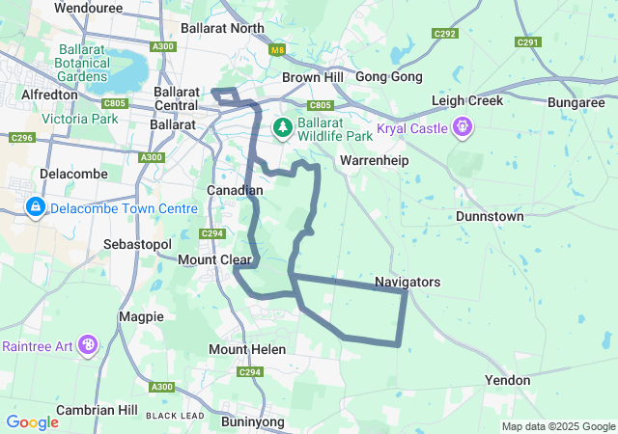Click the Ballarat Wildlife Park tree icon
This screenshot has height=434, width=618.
pyautogui.click(x=283, y=126)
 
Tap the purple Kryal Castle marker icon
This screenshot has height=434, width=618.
pyautogui.click(x=463, y=126)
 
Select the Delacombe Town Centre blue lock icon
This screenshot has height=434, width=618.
pyautogui.click(x=35, y=206)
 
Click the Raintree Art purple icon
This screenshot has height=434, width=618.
pyautogui.click(x=88, y=344)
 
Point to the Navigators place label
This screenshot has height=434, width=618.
pyautogui.click(x=407, y=283)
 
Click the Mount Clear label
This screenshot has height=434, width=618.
pyautogui.click(x=214, y=259)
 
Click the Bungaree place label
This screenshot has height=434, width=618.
pyautogui.click(x=576, y=102)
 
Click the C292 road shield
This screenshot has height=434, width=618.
pyautogui.click(x=445, y=34)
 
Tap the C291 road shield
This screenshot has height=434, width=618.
pyautogui.click(x=528, y=42)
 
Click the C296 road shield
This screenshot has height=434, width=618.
pyautogui.click(x=21, y=138)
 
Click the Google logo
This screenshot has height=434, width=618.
pyautogui.click(x=33, y=421)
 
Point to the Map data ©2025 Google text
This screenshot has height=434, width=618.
pyautogui.click(x=557, y=427)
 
